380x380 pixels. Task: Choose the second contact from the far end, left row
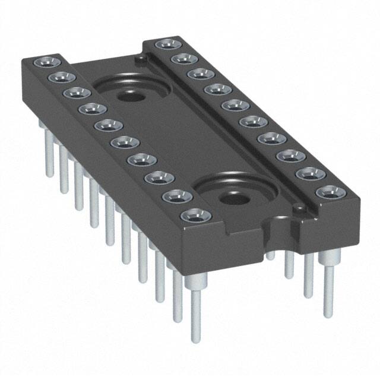tap(60, 78)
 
